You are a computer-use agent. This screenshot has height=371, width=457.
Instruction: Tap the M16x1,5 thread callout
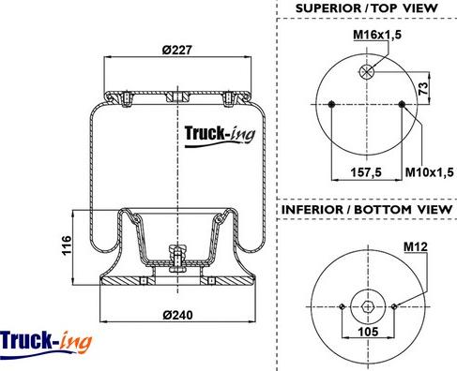377,35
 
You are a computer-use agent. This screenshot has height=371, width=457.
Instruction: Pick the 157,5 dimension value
366,171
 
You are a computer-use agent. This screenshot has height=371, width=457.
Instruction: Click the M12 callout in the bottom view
415,247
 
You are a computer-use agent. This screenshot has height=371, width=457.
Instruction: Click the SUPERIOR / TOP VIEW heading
366,8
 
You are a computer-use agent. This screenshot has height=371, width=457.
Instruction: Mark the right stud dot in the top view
402,104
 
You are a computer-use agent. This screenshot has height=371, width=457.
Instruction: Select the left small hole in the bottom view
339,306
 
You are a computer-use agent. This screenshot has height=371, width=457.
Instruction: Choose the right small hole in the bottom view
397,306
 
